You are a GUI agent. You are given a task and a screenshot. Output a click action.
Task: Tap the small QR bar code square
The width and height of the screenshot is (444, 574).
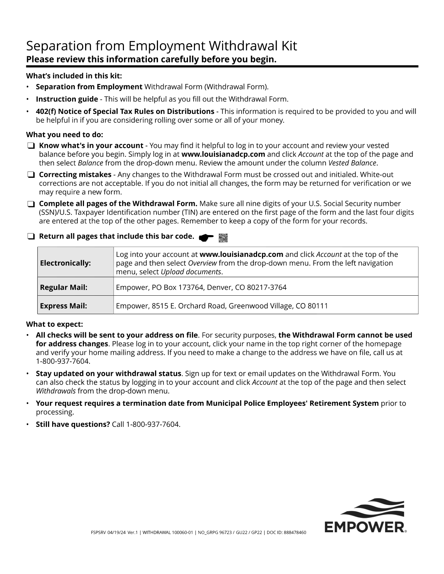[223, 238]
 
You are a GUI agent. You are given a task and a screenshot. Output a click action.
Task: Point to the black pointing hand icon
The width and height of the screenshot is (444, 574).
[206, 238]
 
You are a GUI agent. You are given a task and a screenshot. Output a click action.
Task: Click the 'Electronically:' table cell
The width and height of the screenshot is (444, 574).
[65, 263]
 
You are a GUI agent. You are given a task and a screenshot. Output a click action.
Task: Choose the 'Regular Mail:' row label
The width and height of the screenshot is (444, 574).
[64, 288]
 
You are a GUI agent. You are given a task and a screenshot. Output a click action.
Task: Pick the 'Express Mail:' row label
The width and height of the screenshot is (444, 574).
[64, 306]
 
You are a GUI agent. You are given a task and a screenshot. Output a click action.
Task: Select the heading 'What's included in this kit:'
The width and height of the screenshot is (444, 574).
[74, 76]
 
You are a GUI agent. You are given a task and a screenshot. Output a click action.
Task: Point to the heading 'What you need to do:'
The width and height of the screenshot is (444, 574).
[64, 135]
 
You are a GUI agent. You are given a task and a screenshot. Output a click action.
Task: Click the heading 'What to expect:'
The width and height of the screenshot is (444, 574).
[54, 325]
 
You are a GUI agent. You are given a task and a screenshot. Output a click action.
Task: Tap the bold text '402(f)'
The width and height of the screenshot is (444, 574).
[46, 112]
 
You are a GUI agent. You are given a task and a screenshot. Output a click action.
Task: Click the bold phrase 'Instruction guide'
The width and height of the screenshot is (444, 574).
[67, 99]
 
